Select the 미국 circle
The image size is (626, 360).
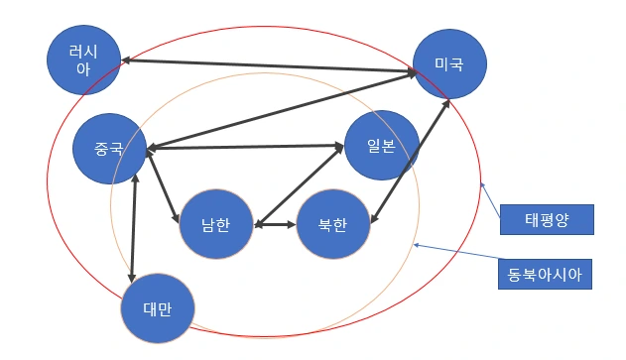pyautogui.click(x=449, y=63)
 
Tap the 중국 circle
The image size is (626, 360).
pyautogui.click(x=109, y=152)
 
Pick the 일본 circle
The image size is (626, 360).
pyautogui.click(x=381, y=146)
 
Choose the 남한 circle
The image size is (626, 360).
pyautogui.click(x=215, y=224)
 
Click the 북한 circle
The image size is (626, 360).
pyautogui.click(x=333, y=224)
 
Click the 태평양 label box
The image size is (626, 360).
pyautogui.click(x=546, y=218)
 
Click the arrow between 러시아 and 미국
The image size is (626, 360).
pyautogui.click(x=268, y=66)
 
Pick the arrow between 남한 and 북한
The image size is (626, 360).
pyautogui.click(x=276, y=225)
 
